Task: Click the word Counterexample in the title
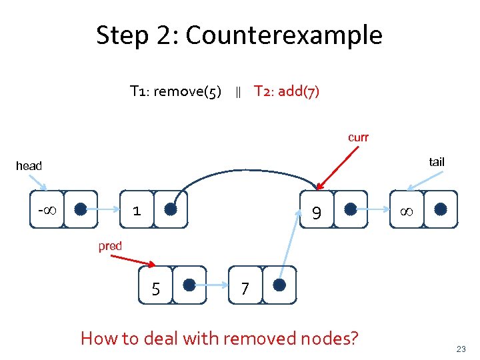[x=284, y=35]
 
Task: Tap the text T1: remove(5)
[x=176, y=91]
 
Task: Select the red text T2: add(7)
[x=287, y=91]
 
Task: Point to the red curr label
[x=358, y=137]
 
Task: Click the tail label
[x=437, y=162]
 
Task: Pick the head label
[x=29, y=166]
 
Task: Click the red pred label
[x=110, y=246]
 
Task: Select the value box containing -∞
[x=47, y=210]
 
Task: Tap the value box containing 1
[x=136, y=210]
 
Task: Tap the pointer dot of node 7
[x=279, y=285]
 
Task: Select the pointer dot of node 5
[x=189, y=285]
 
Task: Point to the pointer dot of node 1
[x=171, y=209]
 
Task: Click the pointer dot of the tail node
[x=440, y=209]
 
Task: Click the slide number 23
[x=461, y=349]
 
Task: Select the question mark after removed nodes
[x=352, y=339]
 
